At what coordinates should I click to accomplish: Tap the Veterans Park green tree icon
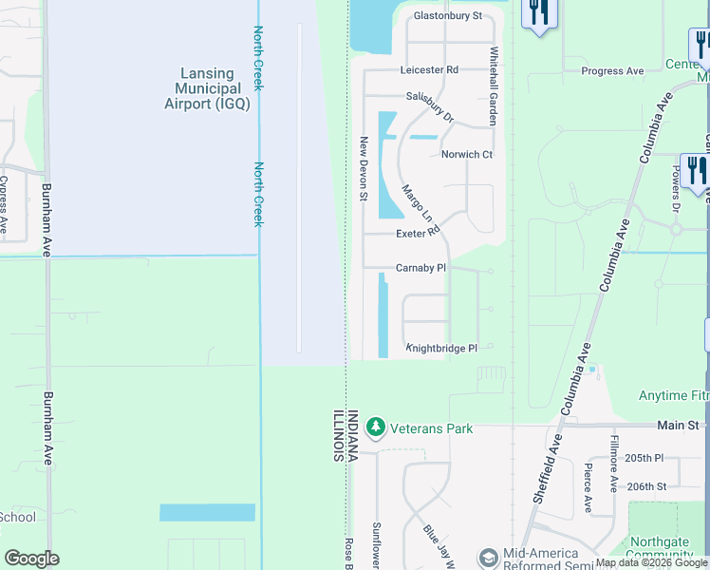pyautogui.click(x=376, y=427)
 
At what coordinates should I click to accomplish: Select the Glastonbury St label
pyautogui.click(x=448, y=16)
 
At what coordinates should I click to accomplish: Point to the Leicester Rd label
pyautogui.click(x=429, y=70)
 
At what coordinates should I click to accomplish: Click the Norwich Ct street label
pyautogui.click(x=467, y=155)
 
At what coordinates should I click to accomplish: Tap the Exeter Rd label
pyautogui.click(x=419, y=232)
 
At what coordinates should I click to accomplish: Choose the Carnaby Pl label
pyautogui.click(x=420, y=269)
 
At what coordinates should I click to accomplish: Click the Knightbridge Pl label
pyautogui.click(x=441, y=349)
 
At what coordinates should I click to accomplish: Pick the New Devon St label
pyautogui.click(x=363, y=168)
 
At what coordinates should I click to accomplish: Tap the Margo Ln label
pyautogui.click(x=417, y=202)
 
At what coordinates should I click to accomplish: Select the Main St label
pyautogui.click(x=680, y=426)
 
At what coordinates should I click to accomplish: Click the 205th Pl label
pyautogui.click(x=645, y=458)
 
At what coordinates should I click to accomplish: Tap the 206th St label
pyautogui.click(x=646, y=486)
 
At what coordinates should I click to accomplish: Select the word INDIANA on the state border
pyautogui.click(x=353, y=436)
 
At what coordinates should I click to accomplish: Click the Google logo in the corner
pyautogui.click(x=31, y=559)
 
